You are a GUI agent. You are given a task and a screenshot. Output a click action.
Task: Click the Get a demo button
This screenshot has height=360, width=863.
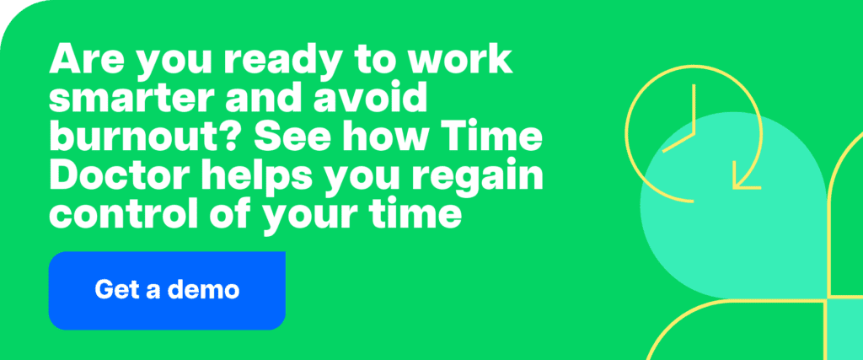pyautogui.click(x=167, y=290)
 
